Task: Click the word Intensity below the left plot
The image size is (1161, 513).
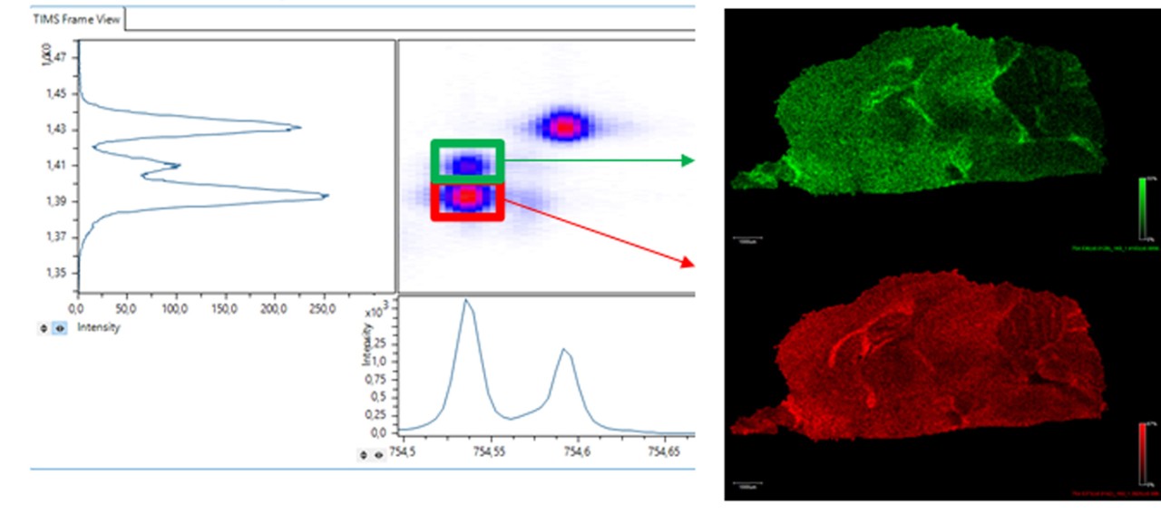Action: pos(99,328)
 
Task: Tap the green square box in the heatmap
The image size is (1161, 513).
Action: pos(466,161)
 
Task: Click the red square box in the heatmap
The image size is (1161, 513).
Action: pos(466,198)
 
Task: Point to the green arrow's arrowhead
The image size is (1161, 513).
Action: pos(688,160)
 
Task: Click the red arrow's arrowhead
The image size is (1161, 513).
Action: pos(688,263)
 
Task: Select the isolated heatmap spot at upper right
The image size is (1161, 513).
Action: pos(565,126)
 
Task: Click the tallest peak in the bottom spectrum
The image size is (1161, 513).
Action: pos(466,301)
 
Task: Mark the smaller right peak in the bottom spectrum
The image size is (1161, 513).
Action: pos(563,349)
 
